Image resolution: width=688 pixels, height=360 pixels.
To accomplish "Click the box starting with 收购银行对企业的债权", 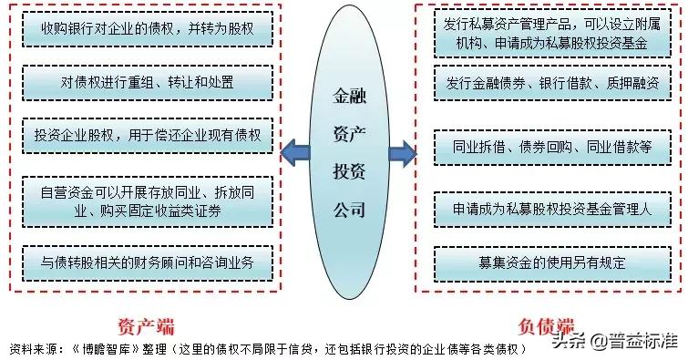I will coord(147,29).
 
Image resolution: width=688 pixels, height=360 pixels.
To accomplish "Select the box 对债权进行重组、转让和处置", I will coord(147,82).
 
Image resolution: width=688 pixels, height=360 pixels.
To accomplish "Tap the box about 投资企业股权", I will coord(147,134).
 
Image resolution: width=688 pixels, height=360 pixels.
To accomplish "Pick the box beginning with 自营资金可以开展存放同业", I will coord(147,201).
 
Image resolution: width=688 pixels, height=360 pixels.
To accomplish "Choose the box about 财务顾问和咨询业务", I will coord(147,262).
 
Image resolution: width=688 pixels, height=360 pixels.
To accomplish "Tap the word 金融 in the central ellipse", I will coord(349,91).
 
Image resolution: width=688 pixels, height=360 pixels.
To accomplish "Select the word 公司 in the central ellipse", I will coord(349,209).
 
